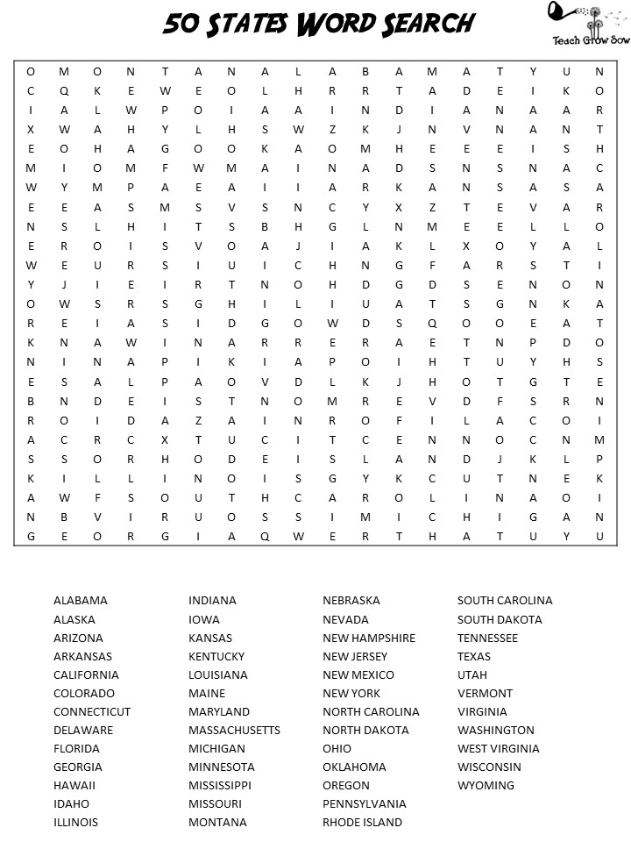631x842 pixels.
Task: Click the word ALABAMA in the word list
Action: click(81, 601)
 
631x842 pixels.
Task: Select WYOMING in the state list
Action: click(486, 785)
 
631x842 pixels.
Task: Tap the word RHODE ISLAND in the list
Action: click(362, 822)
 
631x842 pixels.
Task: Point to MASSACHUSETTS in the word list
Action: click(234, 730)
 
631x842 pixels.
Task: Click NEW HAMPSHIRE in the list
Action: click(369, 638)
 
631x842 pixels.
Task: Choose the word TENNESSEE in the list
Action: click(487, 638)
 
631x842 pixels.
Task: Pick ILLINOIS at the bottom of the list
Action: click(75, 822)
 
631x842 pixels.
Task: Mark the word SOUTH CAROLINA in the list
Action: click(505, 601)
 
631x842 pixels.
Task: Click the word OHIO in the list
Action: click(337, 748)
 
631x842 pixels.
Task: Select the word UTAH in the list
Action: click(471, 674)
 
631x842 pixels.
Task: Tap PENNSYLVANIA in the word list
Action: click(365, 803)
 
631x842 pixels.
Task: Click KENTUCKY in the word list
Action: click(216, 656)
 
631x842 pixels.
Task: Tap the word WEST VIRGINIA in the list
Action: click(499, 748)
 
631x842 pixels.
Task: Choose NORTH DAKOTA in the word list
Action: click(365, 730)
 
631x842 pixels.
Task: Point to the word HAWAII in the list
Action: click(74, 785)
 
